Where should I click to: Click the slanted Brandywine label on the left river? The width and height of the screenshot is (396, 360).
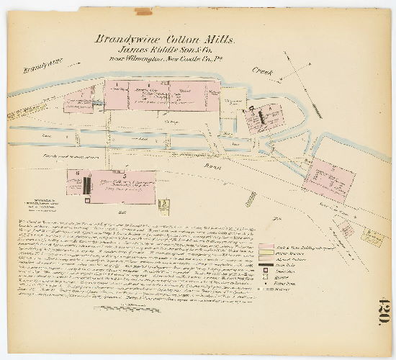click(x=42, y=67)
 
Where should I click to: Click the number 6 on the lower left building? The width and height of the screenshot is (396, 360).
click(x=78, y=174)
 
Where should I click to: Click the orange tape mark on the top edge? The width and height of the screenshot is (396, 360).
click(x=144, y=12)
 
